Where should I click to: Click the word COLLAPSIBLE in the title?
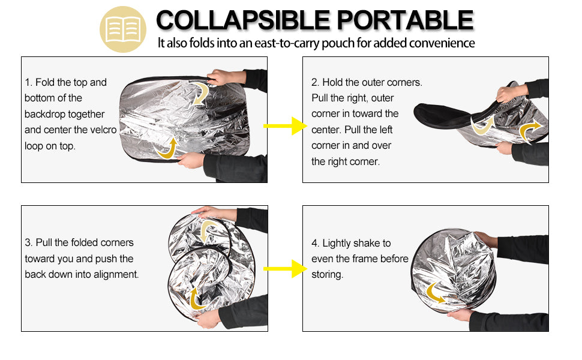coord(242,21)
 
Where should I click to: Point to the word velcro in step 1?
coord(103,130)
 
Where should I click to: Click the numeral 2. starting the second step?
coord(315,82)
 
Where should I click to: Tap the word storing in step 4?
coord(327,274)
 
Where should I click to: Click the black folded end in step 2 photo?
coord(438,114)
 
